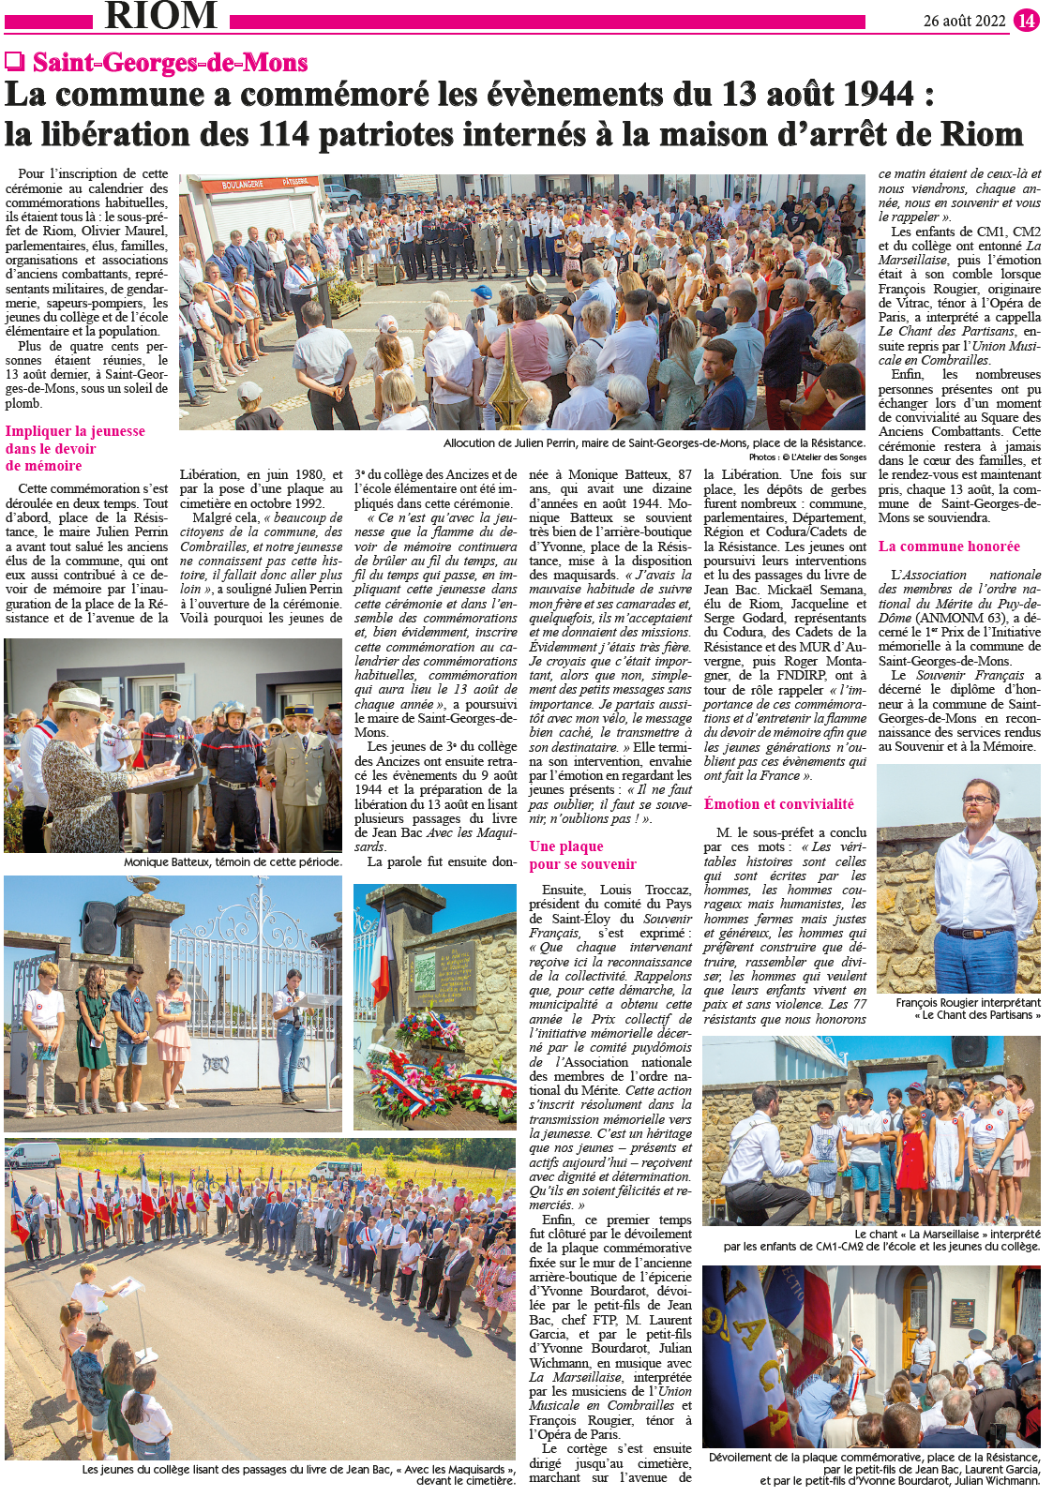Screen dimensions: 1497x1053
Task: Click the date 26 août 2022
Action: tap(964, 21)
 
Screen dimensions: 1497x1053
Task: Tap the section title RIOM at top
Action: tap(160, 16)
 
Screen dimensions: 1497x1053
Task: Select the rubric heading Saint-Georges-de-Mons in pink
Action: tap(170, 63)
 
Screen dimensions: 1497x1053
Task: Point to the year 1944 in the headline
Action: tap(868, 95)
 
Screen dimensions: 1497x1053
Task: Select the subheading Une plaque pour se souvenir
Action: tap(582, 855)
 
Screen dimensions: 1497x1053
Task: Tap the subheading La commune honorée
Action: tap(949, 546)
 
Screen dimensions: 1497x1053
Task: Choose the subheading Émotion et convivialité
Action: tap(778, 804)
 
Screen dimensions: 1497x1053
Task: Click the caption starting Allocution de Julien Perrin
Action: tap(654, 443)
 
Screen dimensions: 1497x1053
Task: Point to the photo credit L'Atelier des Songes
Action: tap(806, 457)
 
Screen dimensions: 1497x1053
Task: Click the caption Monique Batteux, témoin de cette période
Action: tap(233, 862)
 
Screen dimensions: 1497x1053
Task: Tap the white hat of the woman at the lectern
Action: tap(79, 700)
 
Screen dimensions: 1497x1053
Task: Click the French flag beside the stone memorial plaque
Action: tap(381, 961)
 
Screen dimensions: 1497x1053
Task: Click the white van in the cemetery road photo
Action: tap(32, 1155)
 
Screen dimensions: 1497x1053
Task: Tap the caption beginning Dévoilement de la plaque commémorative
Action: tap(874, 1469)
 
